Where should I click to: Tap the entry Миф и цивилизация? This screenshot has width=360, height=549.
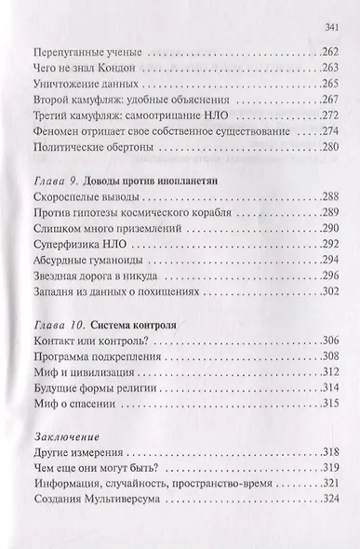[76, 372]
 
